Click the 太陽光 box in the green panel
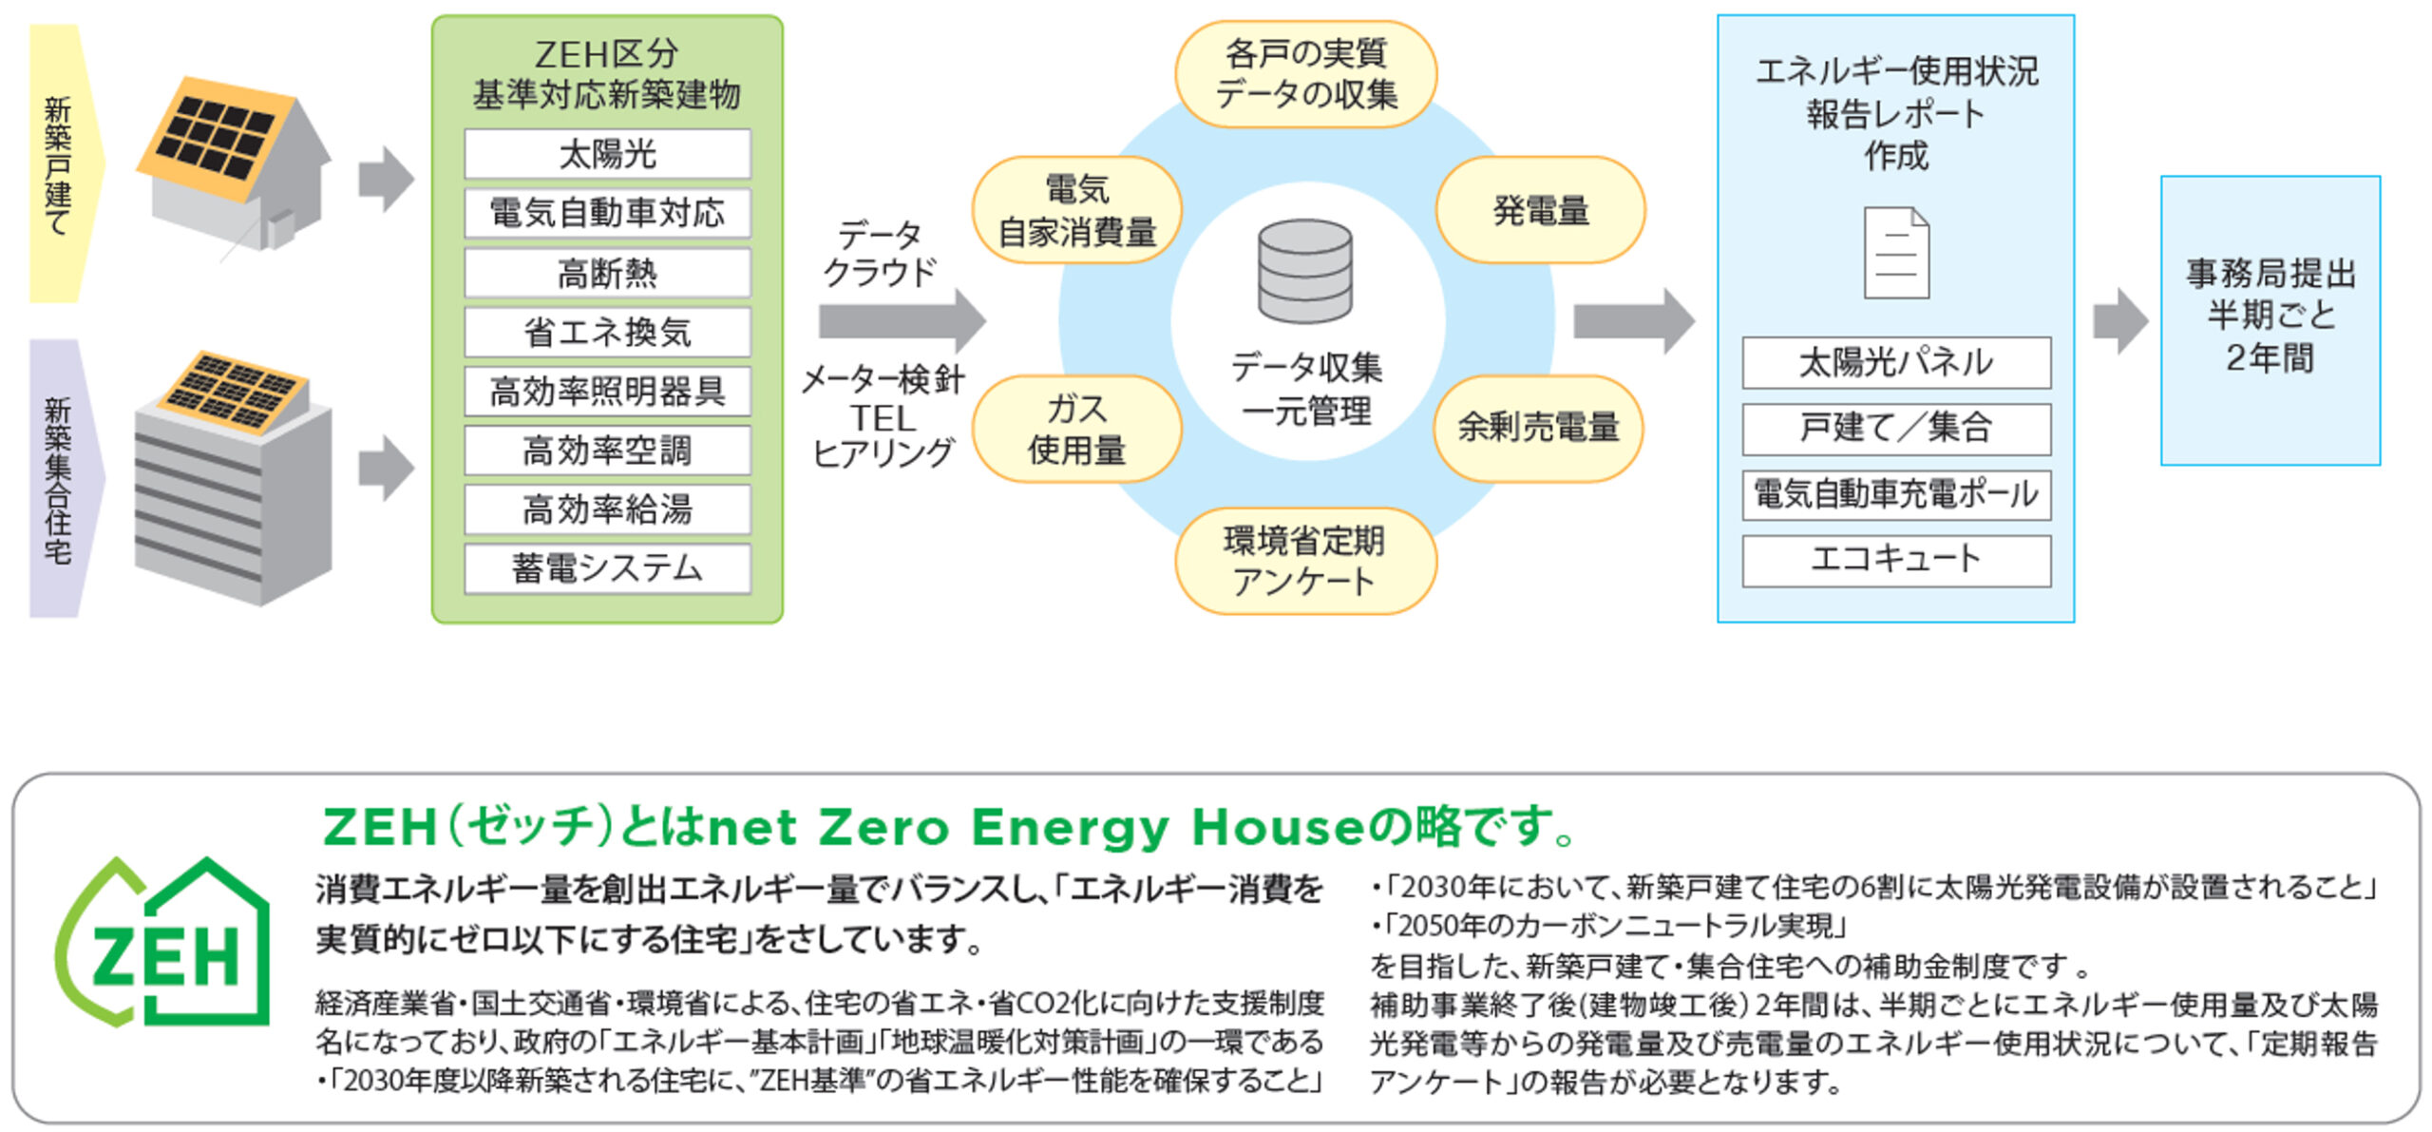pyautogui.click(x=607, y=154)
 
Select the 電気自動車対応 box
pyautogui.click(x=607, y=213)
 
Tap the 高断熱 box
pyautogui.click(x=607, y=273)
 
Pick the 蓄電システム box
pyautogui.click(x=607, y=568)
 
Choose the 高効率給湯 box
pyautogui.click(x=607, y=509)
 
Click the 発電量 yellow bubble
pyautogui.click(x=1540, y=210)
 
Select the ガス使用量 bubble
pyautogui.click(x=1076, y=429)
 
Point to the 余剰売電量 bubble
pyautogui.click(x=1538, y=428)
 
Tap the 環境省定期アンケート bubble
pyautogui.click(x=1305, y=561)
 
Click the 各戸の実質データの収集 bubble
pyautogui.click(x=1305, y=74)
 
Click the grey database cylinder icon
pyautogui.click(x=1305, y=273)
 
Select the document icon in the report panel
pyautogui.click(x=1896, y=253)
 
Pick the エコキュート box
pyautogui.click(x=1896, y=561)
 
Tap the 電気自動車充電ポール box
pyautogui.click(x=1896, y=495)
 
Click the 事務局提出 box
pyautogui.click(x=2270, y=320)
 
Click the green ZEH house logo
pyautogui.click(x=162, y=942)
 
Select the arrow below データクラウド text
pyautogui.click(x=902, y=321)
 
